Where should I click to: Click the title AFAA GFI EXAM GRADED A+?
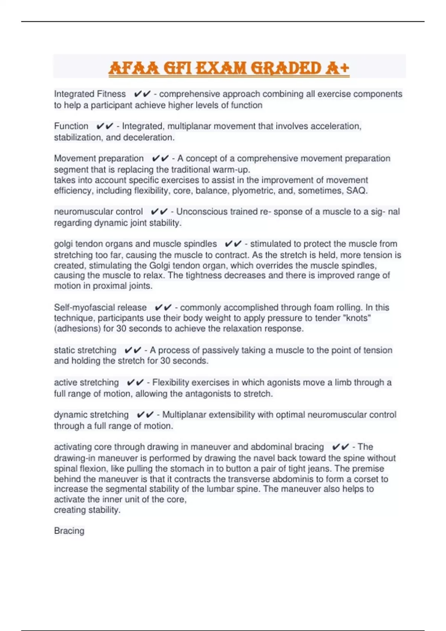tap(229, 68)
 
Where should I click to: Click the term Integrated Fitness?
tap(90, 94)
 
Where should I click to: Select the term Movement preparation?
tap(98, 158)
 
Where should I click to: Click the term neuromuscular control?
tap(98, 212)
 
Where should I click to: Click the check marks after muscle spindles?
tap(233, 244)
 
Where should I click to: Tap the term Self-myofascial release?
tap(100, 307)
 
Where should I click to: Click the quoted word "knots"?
tap(358, 318)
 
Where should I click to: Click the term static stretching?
tap(85, 350)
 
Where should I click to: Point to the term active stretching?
tap(86, 382)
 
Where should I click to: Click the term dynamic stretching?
tap(91, 415)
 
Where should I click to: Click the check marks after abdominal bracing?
tap(340, 447)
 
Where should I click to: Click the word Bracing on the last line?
tap(69, 531)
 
